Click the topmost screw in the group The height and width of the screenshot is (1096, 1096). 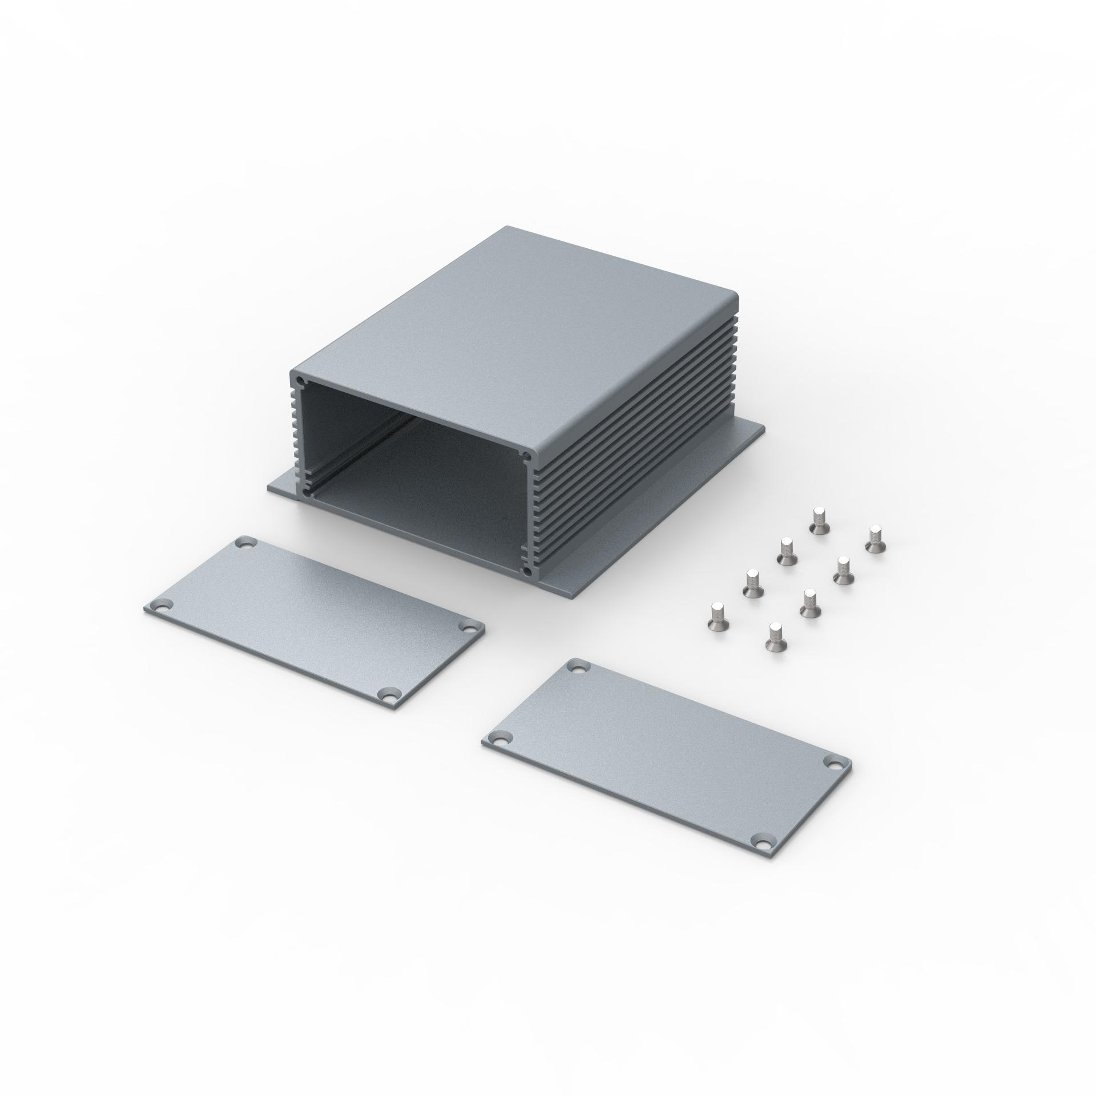[x=819, y=520]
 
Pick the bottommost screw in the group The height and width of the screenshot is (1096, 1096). [x=774, y=636]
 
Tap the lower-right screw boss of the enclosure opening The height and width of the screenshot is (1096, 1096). [x=528, y=571]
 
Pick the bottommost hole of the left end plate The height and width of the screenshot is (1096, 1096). [x=388, y=696]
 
